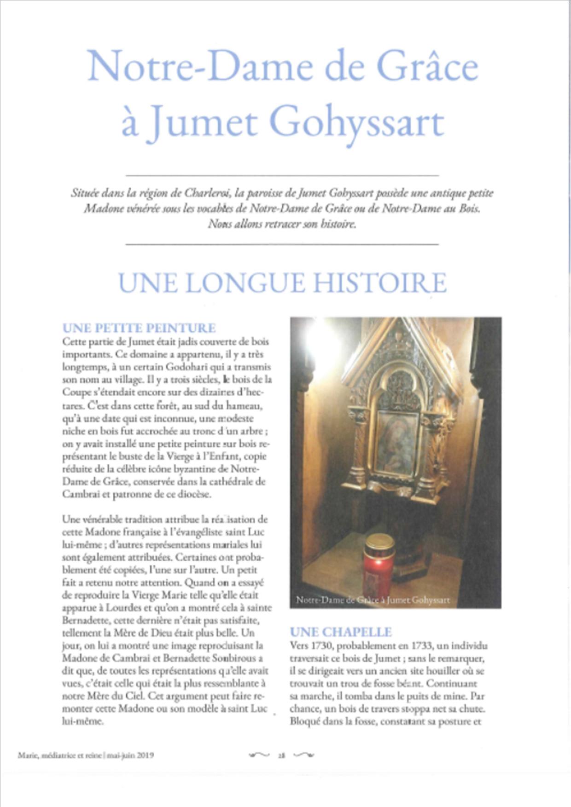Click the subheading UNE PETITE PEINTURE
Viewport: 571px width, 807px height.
139,328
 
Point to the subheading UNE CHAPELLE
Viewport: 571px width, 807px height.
341,632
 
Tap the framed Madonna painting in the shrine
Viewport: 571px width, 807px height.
397,442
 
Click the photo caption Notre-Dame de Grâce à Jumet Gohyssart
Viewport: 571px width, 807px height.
373,600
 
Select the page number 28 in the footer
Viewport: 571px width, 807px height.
281,755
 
